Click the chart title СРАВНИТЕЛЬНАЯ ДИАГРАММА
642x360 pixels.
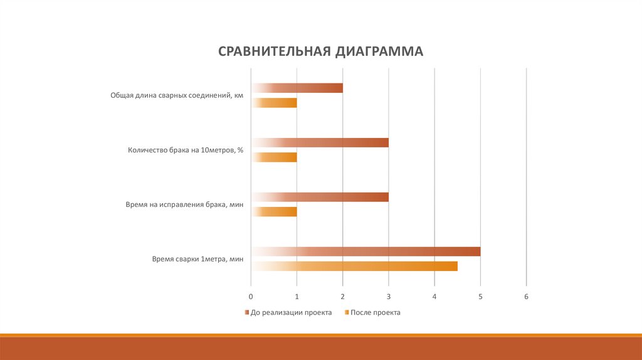pos(320,51)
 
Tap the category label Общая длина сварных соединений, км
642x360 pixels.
pos(176,95)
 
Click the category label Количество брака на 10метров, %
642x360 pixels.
pos(185,150)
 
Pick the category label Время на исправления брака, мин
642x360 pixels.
pos(184,204)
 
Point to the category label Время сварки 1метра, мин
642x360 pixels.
pos(197,258)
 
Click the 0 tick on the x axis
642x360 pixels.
pos(251,296)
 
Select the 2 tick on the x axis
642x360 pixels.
pos(343,296)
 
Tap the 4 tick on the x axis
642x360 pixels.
pos(434,296)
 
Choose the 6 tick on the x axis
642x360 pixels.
pos(527,296)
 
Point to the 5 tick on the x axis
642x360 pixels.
pos(480,296)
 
